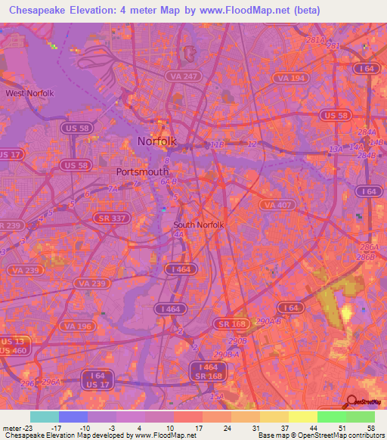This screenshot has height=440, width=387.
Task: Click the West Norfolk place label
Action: pyautogui.click(x=30, y=93)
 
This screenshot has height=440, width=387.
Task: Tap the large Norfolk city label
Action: pyautogui.click(x=156, y=141)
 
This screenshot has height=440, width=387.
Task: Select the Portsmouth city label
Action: pyautogui.click(x=142, y=172)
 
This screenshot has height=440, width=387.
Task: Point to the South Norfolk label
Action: pyautogui.click(x=199, y=225)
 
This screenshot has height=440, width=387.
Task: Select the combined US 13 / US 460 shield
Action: pyautogui.click(x=14, y=345)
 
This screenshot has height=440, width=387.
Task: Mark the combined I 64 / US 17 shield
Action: pyautogui.click(x=98, y=379)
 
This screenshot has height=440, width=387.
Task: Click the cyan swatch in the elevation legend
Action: pyautogui.click(x=44, y=417)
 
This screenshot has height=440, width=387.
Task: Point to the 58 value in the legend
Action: pyautogui.click(x=370, y=429)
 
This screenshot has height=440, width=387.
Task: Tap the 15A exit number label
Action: pyautogui.click(x=217, y=396)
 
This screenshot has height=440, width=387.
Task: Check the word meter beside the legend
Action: pyautogui.click(x=13, y=429)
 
